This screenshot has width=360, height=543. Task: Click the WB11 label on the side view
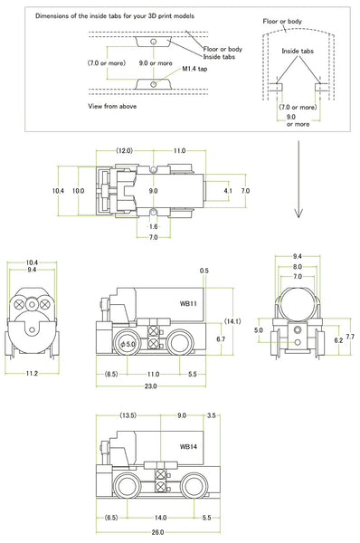(x=188, y=304)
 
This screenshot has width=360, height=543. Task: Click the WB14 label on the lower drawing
(x=188, y=446)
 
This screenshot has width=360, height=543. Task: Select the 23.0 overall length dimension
(x=150, y=386)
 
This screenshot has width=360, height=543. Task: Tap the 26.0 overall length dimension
(x=157, y=532)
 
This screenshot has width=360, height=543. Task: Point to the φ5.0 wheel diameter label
(x=128, y=344)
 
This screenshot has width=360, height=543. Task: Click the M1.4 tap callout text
(x=194, y=69)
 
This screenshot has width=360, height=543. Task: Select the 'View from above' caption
(x=112, y=106)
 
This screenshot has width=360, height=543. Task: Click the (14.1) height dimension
(x=232, y=321)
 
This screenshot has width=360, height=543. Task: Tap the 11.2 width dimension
(x=32, y=373)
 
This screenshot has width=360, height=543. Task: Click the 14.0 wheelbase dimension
(x=160, y=518)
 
